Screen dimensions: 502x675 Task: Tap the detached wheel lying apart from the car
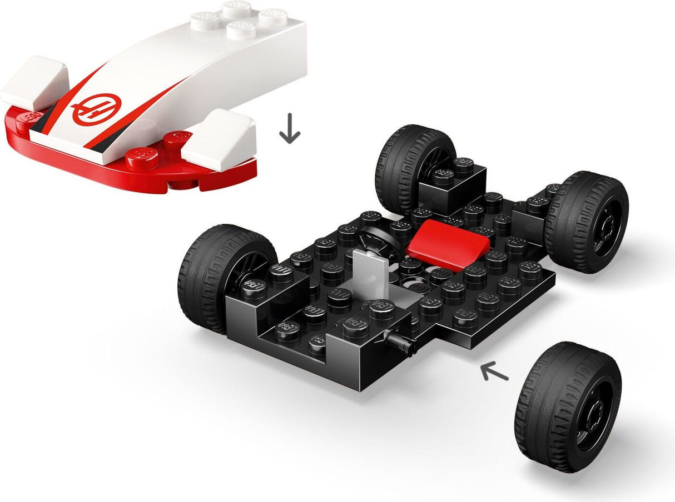(x=567, y=408)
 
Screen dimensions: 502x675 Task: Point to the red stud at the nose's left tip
(x=26, y=117)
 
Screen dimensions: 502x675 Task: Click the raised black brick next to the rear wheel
(x=451, y=183)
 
